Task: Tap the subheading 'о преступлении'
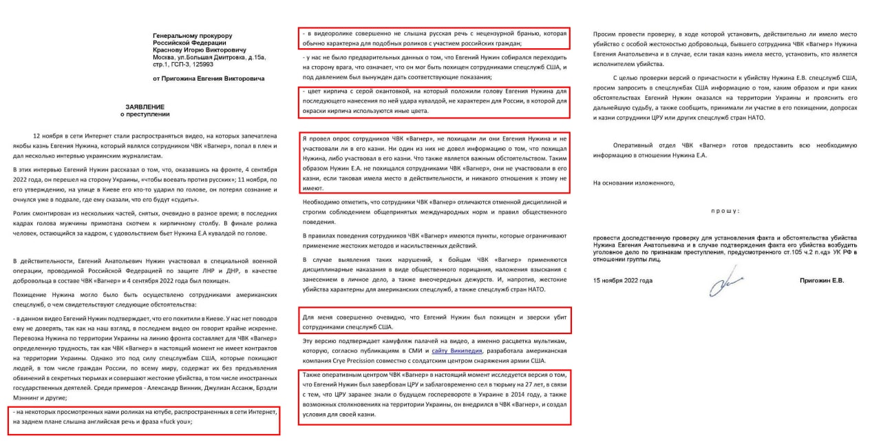click(146, 114)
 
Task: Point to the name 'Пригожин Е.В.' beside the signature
click(821, 281)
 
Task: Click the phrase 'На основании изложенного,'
click(634, 183)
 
